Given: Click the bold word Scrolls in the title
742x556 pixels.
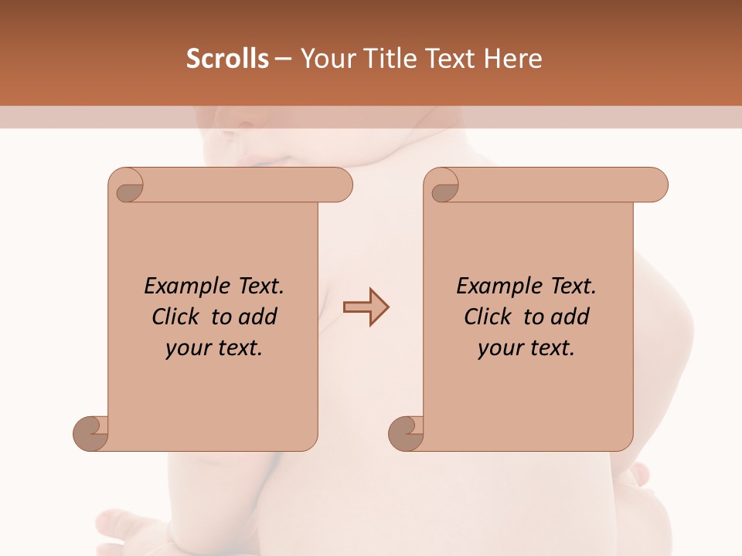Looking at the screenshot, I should coord(228,59).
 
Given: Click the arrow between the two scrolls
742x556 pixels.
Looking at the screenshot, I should coord(366,307).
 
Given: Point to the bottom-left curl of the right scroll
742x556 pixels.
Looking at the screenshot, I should coord(407,433).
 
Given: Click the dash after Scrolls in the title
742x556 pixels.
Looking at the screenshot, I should coord(284,59).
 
